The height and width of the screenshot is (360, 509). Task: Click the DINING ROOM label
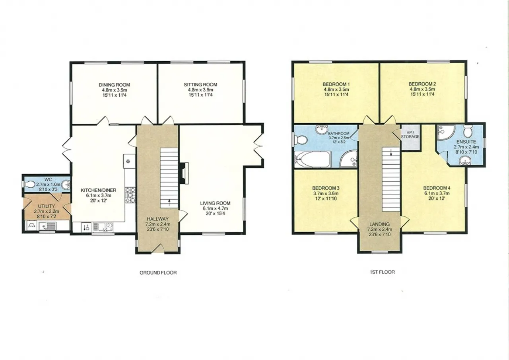tap(114, 85)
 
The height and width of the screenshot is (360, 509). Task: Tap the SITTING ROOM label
tap(200, 85)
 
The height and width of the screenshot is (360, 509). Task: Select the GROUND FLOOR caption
tap(158, 272)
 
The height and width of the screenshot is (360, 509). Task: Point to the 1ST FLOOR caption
tap(383, 272)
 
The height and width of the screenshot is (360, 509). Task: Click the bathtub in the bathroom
tap(313, 159)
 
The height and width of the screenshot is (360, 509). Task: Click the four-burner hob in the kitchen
tap(130, 195)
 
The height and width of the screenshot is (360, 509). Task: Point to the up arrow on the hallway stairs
tap(169, 202)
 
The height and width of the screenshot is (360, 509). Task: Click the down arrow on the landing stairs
tap(391, 152)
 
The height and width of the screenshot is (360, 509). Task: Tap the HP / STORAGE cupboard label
tap(410, 134)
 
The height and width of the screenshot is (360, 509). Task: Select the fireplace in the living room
tap(184, 173)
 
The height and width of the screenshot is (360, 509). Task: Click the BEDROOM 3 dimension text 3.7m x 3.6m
tap(326, 194)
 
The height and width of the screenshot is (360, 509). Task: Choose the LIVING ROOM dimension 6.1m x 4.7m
tap(215, 208)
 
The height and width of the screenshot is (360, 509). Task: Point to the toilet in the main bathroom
tap(300, 140)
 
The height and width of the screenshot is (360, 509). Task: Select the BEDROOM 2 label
tap(422, 84)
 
